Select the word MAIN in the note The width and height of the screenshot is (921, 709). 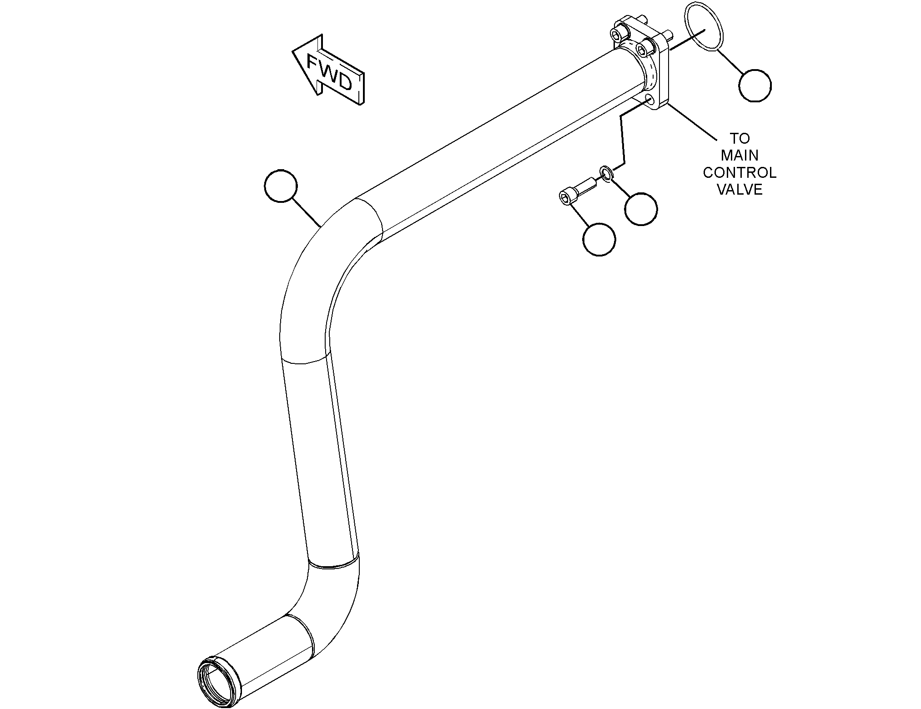point(740,155)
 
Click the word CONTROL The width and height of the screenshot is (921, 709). point(740,172)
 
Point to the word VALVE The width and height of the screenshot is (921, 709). point(740,190)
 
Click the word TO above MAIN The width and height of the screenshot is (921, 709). point(740,138)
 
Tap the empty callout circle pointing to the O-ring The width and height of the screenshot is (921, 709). point(755,85)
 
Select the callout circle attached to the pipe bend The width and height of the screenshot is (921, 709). point(281,186)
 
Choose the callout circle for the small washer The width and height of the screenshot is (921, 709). point(641,209)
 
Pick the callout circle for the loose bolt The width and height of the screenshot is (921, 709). point(599,239)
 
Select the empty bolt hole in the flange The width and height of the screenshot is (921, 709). point(649,100)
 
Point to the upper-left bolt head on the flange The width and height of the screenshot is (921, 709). point(617,36)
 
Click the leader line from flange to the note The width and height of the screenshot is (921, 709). point(691,122)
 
